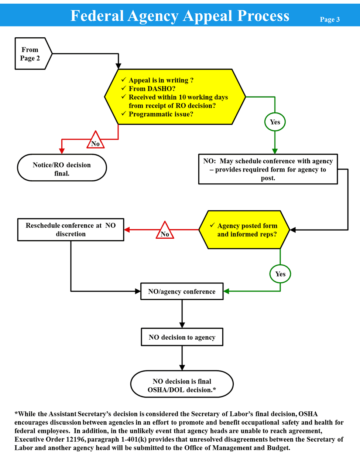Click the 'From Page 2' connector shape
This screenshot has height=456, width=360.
31,54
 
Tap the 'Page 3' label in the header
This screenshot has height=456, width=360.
329,20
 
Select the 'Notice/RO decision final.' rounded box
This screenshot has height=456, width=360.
62,168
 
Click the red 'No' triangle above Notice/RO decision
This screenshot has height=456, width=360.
96,141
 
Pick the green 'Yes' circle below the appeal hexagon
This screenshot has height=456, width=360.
275,122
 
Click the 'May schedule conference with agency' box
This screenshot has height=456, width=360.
268,169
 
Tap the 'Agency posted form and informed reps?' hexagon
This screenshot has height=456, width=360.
244,229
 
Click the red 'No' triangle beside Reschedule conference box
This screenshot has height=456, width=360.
165,231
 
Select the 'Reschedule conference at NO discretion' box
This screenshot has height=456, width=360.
71,229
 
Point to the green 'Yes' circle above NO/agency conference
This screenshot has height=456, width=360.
280,274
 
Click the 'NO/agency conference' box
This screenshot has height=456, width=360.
182,291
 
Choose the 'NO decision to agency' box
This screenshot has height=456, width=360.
182,337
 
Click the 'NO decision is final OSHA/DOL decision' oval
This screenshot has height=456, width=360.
182,385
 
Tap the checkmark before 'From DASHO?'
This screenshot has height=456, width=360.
123,88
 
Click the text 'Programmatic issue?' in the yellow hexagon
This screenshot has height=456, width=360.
161,114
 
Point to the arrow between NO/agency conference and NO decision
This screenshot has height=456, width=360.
182,314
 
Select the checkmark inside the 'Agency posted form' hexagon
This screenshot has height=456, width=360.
212,225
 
